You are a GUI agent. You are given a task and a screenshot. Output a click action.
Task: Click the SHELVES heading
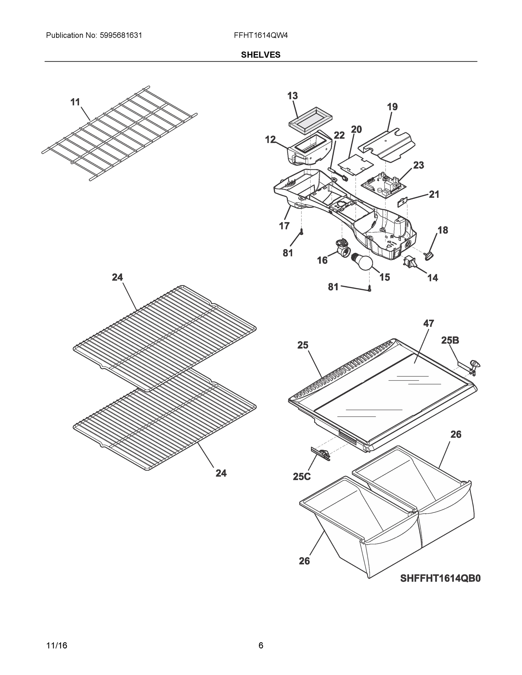coord(261,55)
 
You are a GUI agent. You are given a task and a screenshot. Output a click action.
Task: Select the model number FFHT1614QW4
coord(261,35)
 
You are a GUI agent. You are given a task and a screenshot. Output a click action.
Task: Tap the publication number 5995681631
coord(121,35)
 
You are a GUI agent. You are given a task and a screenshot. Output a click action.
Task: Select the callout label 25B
coord(450,340)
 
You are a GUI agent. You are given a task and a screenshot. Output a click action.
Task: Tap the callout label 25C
coord(301,477)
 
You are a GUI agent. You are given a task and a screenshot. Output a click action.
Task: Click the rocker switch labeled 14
coord(409,261)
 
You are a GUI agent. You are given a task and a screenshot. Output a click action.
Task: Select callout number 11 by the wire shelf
coord(75,102)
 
